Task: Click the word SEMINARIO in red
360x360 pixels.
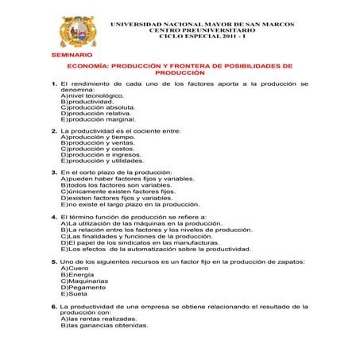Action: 71,55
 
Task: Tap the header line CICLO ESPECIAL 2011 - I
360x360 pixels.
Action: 204,37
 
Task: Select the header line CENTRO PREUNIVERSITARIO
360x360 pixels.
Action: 204,30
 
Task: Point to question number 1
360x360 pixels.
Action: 53,83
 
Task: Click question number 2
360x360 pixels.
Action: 53,130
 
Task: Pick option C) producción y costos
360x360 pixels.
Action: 98,149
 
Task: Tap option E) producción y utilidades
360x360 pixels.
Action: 103,161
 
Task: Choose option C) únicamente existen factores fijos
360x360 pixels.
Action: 118,192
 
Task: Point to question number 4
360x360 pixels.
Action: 53,216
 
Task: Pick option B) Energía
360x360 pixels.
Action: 77,275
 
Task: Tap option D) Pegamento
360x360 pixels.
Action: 83,287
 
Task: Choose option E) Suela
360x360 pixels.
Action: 75,293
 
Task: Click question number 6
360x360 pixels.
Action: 53,306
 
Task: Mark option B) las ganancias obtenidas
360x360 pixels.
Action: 104,324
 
